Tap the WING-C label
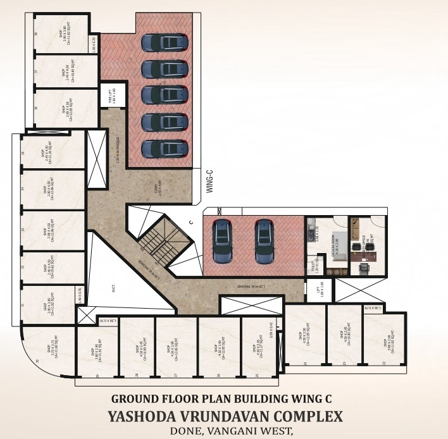(x=210, y=180)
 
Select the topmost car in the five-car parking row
(x=164, y=42)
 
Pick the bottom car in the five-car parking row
(x=164, y=149)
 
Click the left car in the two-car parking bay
(x=221, y=242)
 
